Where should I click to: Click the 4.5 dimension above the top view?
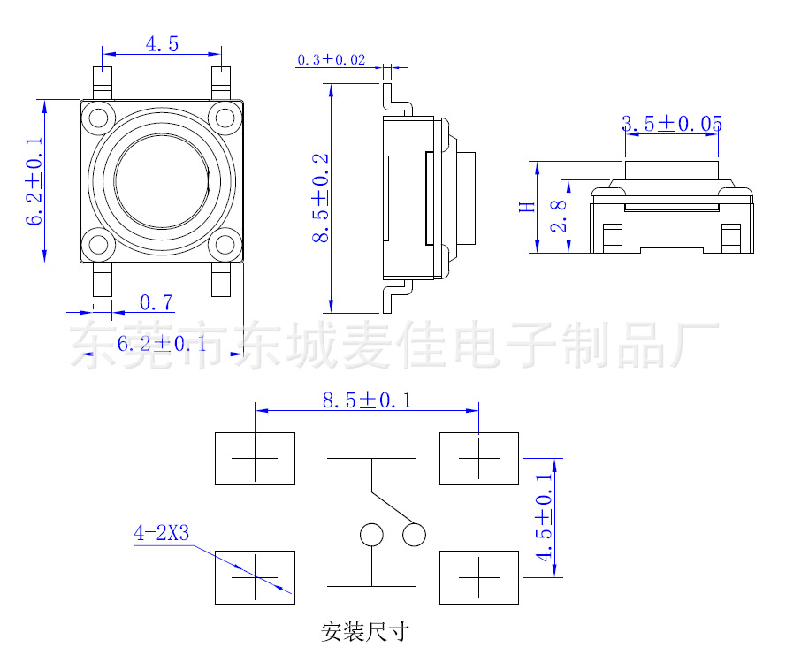(x=162, y=43)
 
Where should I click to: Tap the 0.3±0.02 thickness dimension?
(x=331, y=60)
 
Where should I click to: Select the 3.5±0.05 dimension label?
(x=672, y=124)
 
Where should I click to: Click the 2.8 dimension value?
(x=557, y=216)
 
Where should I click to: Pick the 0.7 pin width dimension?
(x=156, y=303)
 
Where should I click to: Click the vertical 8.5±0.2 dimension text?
(x=320, y=198)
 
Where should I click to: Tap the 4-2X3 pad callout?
(x=162, y=533)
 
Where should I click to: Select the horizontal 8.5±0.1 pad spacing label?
(x=366, y=400)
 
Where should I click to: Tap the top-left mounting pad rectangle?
(x=255, y=458)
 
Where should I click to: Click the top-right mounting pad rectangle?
(x=479, y=458)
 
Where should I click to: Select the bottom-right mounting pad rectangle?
(x=479, y=576)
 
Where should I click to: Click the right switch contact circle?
(x=414, y=535)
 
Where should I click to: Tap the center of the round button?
(x=162, y=182)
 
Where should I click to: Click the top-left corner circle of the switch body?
(x=98, y=117)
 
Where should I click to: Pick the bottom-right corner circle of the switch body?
(x=225, y=245)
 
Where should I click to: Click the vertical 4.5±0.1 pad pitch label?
(x=543, y=517)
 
